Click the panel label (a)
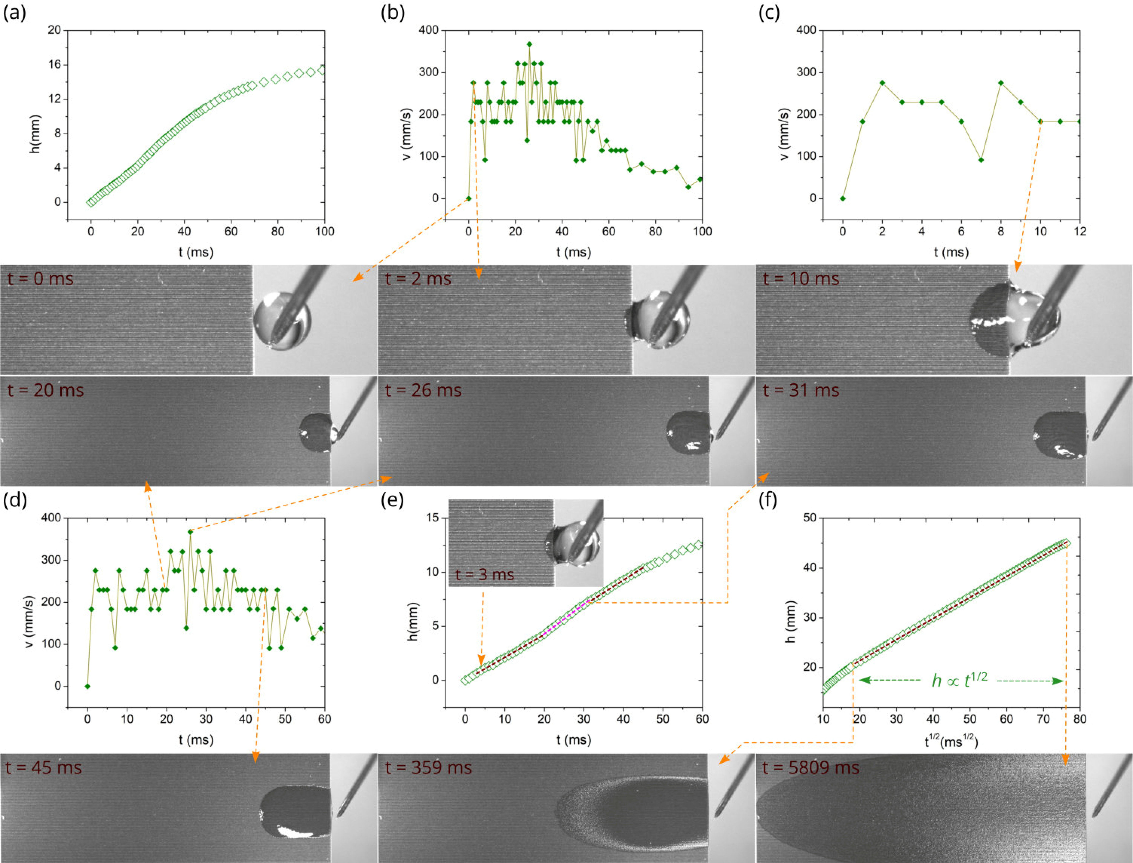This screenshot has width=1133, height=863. tap(14, 12)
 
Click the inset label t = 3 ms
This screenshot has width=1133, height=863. tap(485, 574)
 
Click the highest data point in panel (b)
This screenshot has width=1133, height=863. tap(529, 44)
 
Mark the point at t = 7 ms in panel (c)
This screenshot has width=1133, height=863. tap(981, 160)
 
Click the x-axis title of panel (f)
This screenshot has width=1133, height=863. tap(951, 741)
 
